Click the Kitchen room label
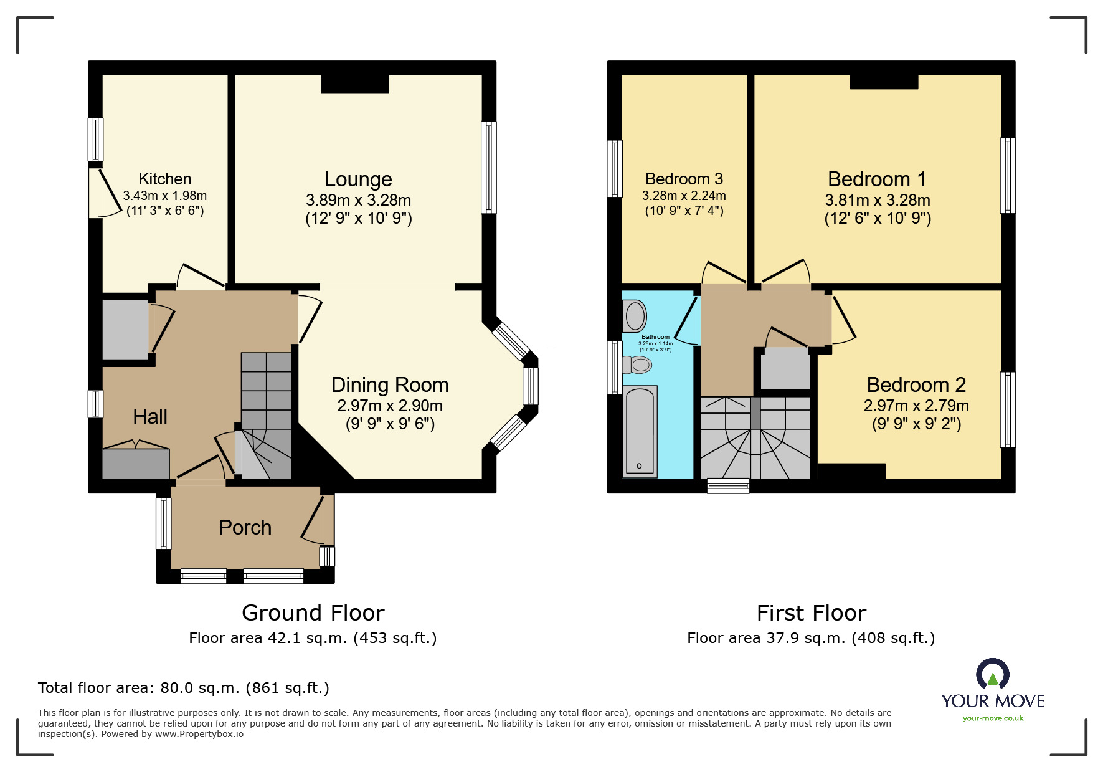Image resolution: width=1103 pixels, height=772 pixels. pyautogui.click(x=164, y=179)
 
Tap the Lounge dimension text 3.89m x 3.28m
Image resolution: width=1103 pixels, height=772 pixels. pyautogui.click(x=358, y=200)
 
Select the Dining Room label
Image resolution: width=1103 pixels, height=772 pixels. pyautogui.click(x=389, y=385)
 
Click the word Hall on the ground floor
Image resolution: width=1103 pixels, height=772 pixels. pyautogui.click(x=150, y=416)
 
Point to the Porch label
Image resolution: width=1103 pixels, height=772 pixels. pyautogui.click(x=245, y=528)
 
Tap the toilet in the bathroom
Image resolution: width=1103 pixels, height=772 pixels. pyautogui.click(x=638, y=365)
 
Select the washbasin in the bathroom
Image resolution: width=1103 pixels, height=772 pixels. pyautogui.click(x=635, y=316)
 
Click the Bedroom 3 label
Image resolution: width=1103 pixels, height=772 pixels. pyautogui.click(x=684, y=179)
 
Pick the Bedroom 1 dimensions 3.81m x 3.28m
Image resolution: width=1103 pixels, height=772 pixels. pyautogui.click(x=877, y=200)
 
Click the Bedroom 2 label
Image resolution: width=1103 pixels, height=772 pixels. pyautogui.click(x=916, y=385)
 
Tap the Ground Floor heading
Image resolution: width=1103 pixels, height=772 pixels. pyautogui.click(x=313, y=613)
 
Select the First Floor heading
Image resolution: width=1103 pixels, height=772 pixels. pyautogui.click(x=811, y=613)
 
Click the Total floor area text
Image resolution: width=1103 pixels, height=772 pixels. pyautogui.click(x=183, y=688)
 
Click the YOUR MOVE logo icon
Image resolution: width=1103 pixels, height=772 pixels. pyautogui.click(x=993, y=674)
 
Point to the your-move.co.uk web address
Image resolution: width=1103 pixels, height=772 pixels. pyautogui.click(x=993, y=718)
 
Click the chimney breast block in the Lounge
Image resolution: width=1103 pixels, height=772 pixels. pyautogui.click(x=355, y=84)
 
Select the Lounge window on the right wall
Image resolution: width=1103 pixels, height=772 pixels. pyautogui.click(x=488, y=168)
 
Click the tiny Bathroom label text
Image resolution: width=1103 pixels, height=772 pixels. pyautogui.click(x=655, y=337)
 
